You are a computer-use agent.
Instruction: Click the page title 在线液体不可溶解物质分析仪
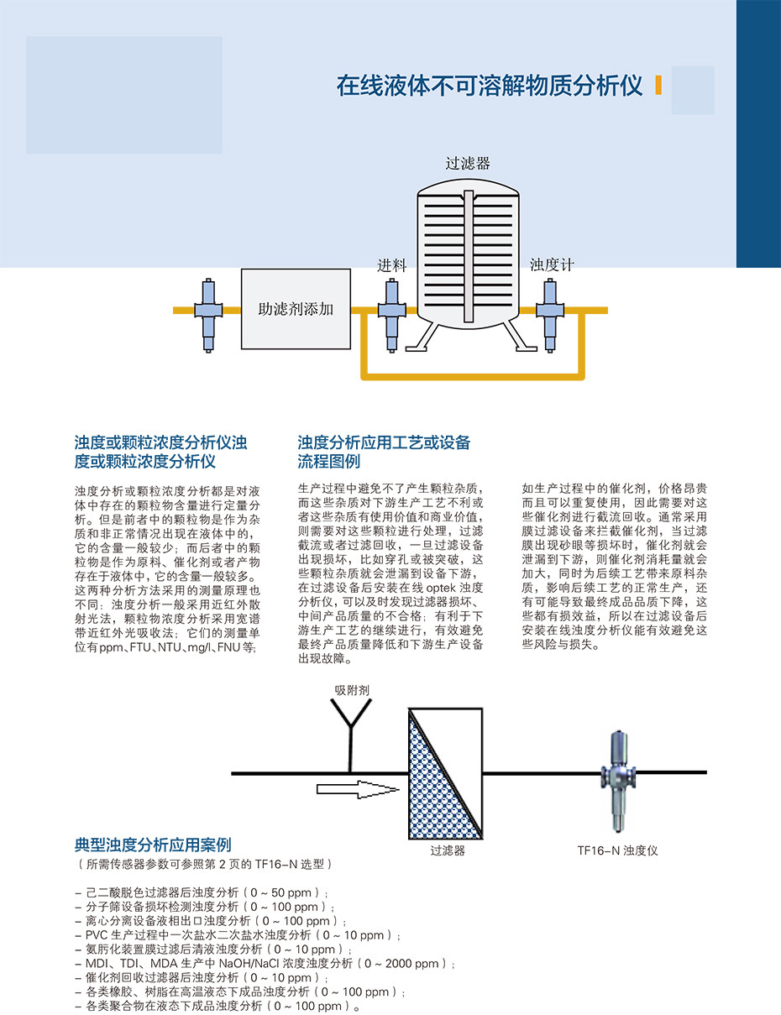490,86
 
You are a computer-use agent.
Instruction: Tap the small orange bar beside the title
658,86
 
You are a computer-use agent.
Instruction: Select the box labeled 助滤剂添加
295,309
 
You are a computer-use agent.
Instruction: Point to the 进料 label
391,266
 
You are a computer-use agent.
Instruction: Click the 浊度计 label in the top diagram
552,265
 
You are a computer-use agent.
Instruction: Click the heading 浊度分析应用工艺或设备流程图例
384,452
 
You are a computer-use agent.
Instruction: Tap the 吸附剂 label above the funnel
352,691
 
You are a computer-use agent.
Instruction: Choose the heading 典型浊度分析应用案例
153,845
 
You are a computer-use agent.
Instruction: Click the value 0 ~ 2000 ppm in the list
404,964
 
